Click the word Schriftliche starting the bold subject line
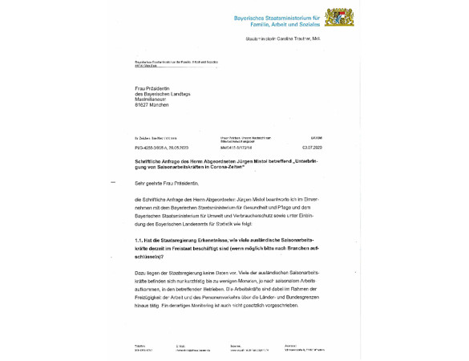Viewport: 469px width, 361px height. click(148, 160)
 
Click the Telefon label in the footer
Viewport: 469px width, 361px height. click(139, 345)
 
